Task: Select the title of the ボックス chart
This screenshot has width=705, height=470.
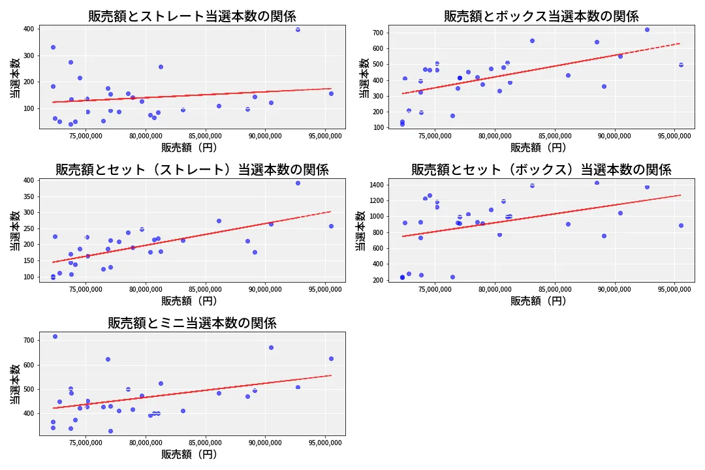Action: [541, 16]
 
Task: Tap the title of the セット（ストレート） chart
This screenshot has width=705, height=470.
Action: [192, 170]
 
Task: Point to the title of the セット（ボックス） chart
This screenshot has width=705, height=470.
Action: [541, 170]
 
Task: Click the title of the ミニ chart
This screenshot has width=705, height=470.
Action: [192, 323]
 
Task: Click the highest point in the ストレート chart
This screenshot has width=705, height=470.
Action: [298, 29]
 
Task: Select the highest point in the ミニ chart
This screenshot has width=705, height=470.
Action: [55, 336]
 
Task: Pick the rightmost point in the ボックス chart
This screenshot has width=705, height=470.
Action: [681, 65]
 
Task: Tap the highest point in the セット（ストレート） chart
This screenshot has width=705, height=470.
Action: [298, 183]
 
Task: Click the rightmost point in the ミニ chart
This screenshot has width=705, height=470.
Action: [331, 358]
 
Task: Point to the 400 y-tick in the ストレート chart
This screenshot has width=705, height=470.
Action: [28, 29]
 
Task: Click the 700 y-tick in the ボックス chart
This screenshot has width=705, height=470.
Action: [377, 33]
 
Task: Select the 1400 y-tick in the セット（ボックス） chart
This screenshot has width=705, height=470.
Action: [375, 185]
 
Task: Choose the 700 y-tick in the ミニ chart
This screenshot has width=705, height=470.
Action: [28, 340]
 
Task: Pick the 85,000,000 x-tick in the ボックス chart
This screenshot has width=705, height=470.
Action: [555, 137]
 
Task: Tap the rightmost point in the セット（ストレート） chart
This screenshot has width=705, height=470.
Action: [331, 226]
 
